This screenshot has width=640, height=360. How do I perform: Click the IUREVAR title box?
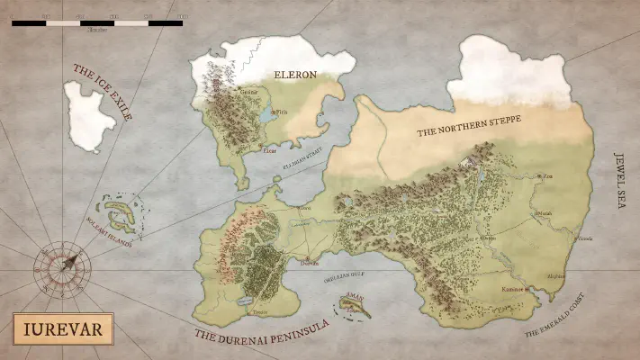62,329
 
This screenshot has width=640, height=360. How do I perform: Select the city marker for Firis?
273,110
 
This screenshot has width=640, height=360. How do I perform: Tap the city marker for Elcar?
261,145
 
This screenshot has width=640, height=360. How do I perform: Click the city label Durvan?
308,266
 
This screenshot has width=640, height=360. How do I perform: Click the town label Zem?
549,176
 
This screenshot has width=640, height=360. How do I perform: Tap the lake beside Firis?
266,117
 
